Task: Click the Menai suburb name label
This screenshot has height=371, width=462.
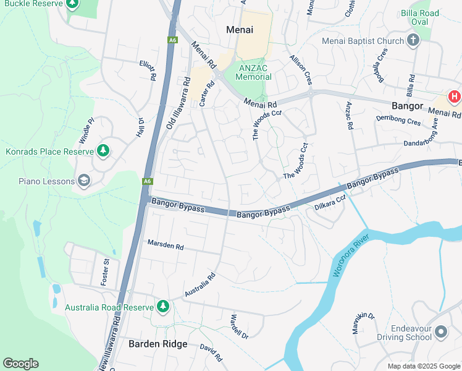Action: click(x=240, y=29)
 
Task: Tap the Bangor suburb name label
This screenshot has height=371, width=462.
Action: click(x=407, y=106)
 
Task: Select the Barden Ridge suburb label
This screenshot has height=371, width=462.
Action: click(x=157, y=344)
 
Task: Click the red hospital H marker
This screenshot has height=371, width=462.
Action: click(x=455, y=96)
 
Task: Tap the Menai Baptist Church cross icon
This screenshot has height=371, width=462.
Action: click(x=413, y=41)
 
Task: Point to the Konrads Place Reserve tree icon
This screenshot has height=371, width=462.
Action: click(x=103, y=150)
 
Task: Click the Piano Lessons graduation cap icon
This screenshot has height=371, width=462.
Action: click(x=84, y=181)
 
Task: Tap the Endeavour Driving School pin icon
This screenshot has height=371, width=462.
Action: click(x=440, y=333)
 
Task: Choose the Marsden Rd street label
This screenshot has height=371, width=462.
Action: click(x=166, y=245)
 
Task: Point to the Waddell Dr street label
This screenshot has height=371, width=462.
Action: click(x=238, y=327)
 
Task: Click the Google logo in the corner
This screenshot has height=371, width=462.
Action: click(x=20, y=364)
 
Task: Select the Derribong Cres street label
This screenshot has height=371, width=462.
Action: click(x=398, y=120)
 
